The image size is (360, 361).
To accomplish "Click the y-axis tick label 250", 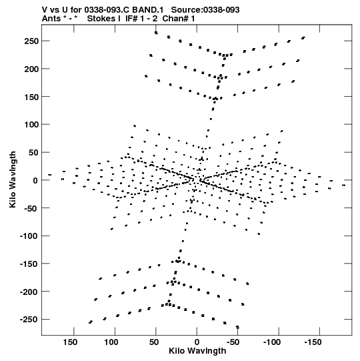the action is pos(31,41).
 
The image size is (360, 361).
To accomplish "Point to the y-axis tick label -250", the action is pos(29,320).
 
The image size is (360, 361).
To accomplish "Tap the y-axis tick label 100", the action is pos(31,125).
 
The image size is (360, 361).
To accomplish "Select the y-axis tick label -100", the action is pos(29,236).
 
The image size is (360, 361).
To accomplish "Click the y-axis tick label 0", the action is pos(35,180).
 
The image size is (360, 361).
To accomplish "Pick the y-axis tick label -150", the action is pos(29,264).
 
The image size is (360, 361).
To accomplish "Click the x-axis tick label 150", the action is pos(70,342).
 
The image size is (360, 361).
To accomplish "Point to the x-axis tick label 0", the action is pos(197,342).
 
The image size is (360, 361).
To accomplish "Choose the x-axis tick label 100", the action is pos(111,342).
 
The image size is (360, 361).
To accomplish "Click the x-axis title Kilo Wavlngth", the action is pos(197,351).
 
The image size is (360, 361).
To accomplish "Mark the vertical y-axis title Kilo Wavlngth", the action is pos(13,179).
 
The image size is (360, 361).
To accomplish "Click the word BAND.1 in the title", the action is pos(148,10).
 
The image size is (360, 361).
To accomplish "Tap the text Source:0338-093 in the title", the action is pos(205,10).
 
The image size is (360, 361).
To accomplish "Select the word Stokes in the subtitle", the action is pos(101,19).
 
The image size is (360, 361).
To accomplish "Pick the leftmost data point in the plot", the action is pos(50,175).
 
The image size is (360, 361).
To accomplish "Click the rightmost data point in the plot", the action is pos(344,185).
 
